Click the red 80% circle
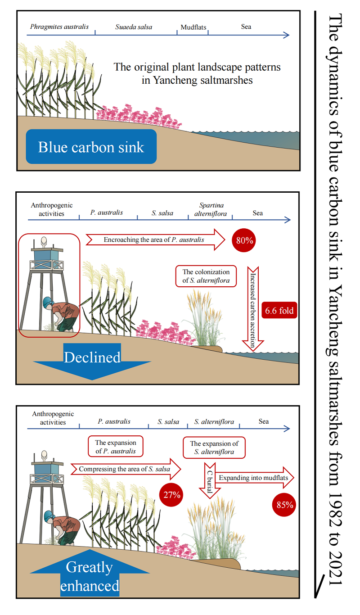(244, 240)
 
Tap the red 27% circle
(172, 495)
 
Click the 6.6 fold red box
(279, 310)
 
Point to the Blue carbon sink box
(91, 147)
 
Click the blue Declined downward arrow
(92, 360)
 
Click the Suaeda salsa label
(134, 27)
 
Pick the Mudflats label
(193, 27)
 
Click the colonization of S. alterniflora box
(206, 276)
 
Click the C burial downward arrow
(210, 480)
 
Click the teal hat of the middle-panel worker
(48, 303)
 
